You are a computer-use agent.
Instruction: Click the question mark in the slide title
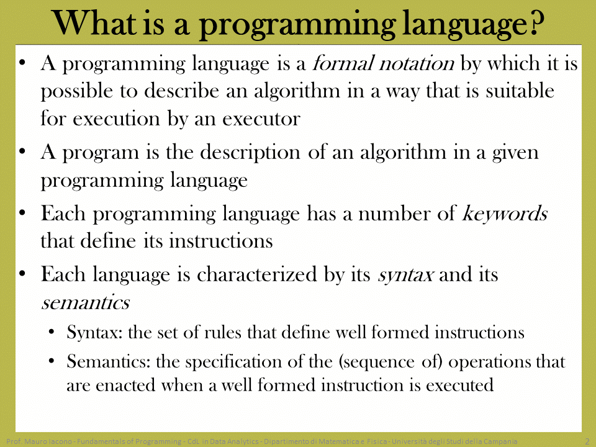535,23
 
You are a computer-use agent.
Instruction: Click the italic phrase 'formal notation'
383,63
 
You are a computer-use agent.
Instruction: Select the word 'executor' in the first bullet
261,119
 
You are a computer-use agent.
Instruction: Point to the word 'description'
250,153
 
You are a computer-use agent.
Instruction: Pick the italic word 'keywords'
505,213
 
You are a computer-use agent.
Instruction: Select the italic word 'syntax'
405,275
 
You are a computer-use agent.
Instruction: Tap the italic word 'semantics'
86,303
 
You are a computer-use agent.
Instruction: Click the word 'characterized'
256,274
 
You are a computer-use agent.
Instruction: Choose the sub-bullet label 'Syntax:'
94,332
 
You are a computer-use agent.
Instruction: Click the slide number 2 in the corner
587,441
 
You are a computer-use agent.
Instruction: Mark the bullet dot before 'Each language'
22,274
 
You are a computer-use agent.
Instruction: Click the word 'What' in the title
94,24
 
